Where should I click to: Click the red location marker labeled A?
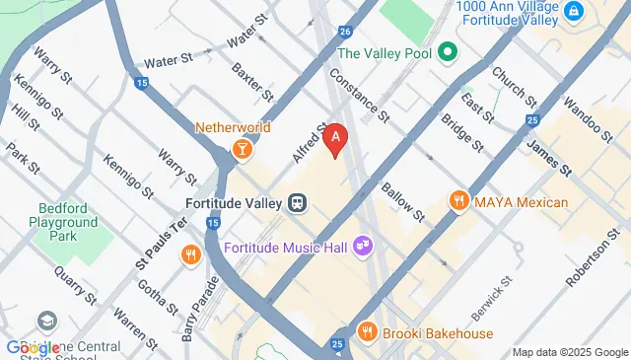[336, 140]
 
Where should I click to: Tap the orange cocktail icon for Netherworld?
[240, 149]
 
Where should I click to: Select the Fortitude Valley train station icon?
[297, 203]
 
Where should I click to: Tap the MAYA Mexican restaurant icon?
[457, 202]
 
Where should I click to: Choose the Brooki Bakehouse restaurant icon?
[367, 332]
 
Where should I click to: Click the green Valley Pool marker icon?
[446, 52]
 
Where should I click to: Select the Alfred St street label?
[309, 143]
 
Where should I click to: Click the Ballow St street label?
[401, 201]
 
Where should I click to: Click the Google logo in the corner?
[34, 347]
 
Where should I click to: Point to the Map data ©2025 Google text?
[569, 352]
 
